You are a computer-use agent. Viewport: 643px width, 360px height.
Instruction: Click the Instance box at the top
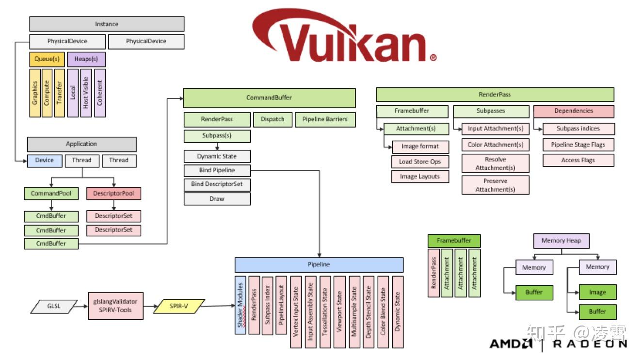(107, 24)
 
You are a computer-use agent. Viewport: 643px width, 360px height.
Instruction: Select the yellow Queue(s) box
(47, 59)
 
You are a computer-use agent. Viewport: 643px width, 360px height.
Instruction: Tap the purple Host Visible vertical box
(86, 93)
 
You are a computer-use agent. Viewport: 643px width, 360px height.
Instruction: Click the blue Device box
(45, 161)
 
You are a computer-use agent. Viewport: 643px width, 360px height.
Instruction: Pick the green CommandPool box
(51, 194)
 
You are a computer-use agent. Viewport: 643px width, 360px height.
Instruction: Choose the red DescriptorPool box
(113, 194)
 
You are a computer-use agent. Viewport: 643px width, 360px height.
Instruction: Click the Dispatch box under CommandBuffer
(273, 119)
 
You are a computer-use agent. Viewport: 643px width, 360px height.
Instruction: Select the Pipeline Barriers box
(325, 119)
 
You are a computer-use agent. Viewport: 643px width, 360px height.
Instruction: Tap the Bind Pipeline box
(217, 170)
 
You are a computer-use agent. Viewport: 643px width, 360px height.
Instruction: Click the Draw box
(217, 199)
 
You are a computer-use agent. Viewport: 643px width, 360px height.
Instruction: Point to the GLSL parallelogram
(54, 306)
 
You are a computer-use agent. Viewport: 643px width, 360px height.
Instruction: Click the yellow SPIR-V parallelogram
(179, 306)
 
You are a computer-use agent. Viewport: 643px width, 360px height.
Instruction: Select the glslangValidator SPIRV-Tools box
(115, 306)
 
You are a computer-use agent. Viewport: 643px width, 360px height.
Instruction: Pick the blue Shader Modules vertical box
(240, 305)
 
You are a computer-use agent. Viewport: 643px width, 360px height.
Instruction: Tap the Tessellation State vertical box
(325, 312)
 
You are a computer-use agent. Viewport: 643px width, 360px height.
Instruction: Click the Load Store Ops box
(420, 162)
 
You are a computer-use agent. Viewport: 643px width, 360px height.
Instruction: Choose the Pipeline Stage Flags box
(578, 145)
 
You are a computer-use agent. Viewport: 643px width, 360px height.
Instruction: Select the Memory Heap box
(561, 241)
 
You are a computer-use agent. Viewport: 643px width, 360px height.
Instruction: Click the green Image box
(597, 293)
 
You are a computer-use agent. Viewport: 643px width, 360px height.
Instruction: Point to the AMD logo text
(511, 344)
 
